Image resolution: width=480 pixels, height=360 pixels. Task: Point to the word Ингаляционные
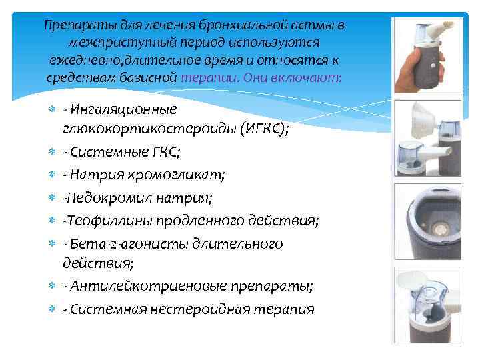pos(124,109)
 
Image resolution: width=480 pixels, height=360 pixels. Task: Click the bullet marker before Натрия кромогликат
pos(54,175)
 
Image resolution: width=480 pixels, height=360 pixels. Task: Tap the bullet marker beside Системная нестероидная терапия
pos(54,309)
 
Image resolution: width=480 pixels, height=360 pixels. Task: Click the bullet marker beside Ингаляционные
pos(54,109)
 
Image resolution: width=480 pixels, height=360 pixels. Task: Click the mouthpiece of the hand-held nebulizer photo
pos(441,29)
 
